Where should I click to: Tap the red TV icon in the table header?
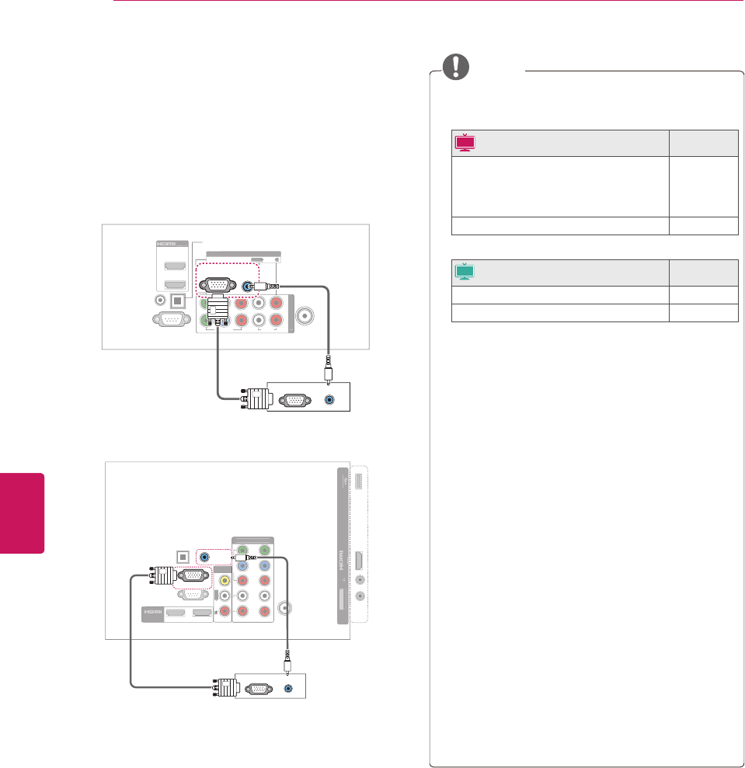(x=465, y=142)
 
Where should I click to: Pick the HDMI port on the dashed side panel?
(x=358, y=561)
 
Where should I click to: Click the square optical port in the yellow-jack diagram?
(x=183, y=557)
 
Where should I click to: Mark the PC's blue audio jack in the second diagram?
(x=290, y=687)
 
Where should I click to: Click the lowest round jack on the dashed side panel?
(x=360, y=596)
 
